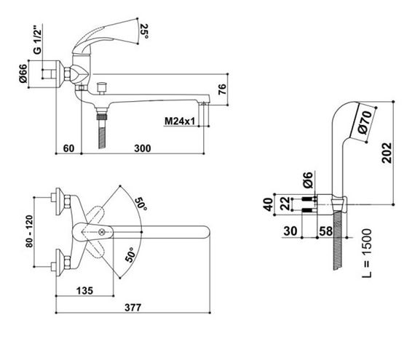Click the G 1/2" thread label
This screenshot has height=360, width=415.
38,40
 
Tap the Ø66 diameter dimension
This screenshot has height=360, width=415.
23,73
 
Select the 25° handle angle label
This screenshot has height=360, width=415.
144,31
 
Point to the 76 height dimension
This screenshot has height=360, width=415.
222,89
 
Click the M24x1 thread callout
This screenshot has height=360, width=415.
180,121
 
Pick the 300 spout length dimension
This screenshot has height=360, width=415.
143,148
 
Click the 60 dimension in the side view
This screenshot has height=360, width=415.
68,148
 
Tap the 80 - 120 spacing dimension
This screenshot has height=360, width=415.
29,231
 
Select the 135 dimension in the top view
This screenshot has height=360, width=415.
84,291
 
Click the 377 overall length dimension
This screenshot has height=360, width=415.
133,308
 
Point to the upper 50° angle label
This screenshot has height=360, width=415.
141,204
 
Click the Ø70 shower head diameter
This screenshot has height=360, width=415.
365,122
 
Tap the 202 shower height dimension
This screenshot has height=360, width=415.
387,153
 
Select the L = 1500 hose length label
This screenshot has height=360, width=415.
367,253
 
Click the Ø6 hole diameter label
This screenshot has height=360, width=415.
308,180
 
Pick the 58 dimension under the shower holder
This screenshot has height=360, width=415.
325,231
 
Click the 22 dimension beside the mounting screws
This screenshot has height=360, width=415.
285,203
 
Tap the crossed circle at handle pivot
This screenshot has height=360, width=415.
101,232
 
